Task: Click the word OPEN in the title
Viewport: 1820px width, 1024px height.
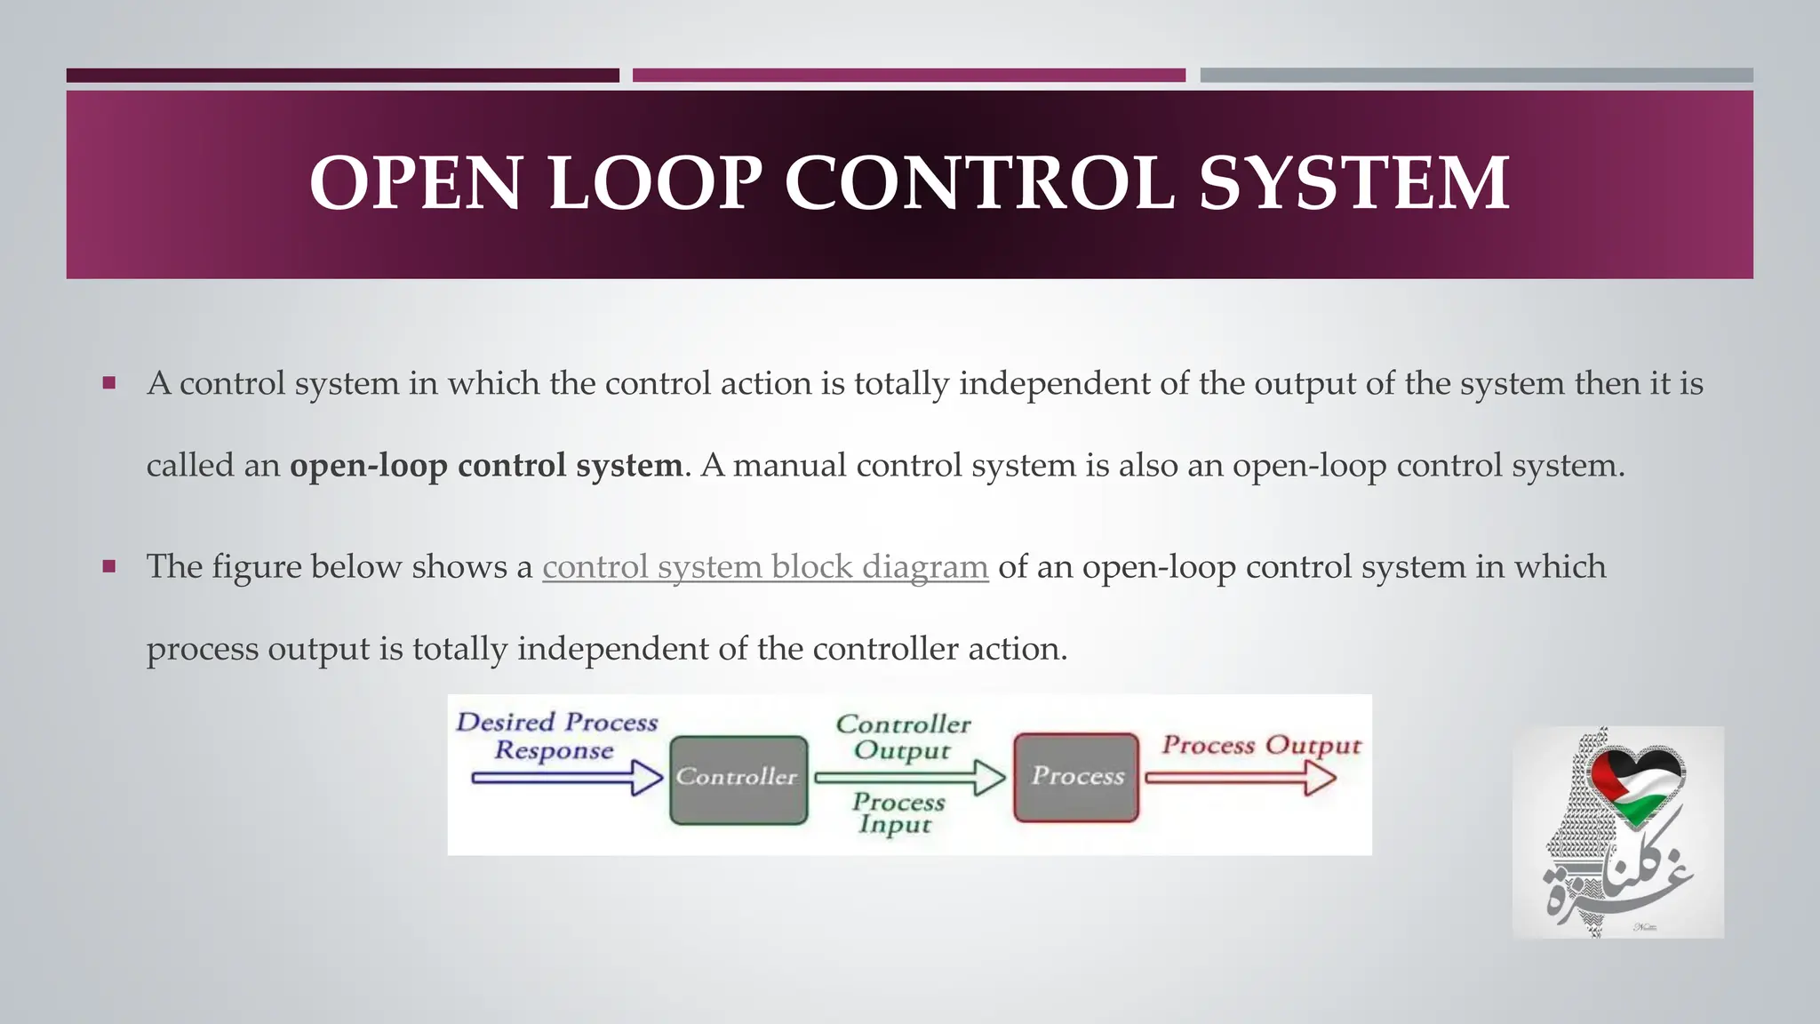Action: tap(414, 183)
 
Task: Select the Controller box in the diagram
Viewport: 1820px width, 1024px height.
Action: tap(738, 779)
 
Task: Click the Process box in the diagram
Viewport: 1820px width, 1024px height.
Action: tap(1076, 777)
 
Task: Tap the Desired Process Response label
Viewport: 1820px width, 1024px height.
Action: tap(556, 736)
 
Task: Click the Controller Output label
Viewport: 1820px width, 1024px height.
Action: tap(903, 737)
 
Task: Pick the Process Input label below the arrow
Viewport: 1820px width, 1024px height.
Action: tap(898, 812)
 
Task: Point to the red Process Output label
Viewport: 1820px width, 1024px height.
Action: tap(1261, 745)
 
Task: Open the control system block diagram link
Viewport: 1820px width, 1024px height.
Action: tap(765, 567)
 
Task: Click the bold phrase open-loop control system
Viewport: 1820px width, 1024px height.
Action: tap(486, 466)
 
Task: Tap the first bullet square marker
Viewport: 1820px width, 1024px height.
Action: tap(109, 384)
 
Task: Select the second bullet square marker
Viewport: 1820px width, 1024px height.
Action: tap(109, 567)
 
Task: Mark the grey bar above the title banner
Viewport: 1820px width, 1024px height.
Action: tap(1476, 76)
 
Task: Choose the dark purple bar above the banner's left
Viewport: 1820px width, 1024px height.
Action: tap(342, 76)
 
